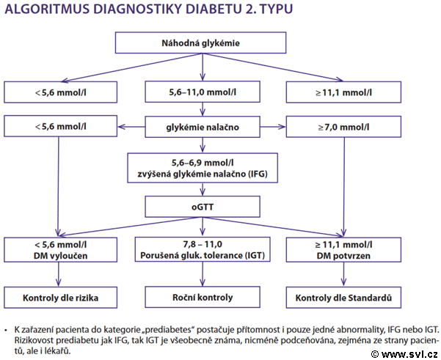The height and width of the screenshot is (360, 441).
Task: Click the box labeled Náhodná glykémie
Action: (200, 43)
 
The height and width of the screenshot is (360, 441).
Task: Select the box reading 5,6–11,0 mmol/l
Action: (203, 92)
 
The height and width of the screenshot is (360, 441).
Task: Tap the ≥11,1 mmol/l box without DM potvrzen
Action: (343, 92)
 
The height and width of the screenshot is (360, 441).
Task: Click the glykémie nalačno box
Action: (203, 127)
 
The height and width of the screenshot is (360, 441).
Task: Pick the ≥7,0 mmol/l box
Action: (343, 127)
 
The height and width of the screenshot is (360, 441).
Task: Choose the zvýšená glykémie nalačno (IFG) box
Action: (203, 168)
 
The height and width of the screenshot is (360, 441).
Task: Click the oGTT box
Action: (203, 207)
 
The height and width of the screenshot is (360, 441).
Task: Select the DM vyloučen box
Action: (60, 250)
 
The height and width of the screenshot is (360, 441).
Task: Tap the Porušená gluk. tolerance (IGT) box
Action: (203, 249)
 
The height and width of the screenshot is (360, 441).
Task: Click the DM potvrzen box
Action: (343, 250)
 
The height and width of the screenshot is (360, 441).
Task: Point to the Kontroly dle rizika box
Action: (60, 298)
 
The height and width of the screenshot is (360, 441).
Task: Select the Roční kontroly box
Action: (203, 298)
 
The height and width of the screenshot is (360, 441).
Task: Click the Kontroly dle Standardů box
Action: (343, 298)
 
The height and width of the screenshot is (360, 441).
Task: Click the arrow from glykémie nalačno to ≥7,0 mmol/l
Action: (273, 127)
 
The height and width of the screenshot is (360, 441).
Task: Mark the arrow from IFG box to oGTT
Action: (203, 189)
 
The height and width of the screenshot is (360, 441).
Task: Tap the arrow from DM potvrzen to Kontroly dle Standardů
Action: (343, 274)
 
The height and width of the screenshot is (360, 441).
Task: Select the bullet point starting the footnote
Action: (6, 330)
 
